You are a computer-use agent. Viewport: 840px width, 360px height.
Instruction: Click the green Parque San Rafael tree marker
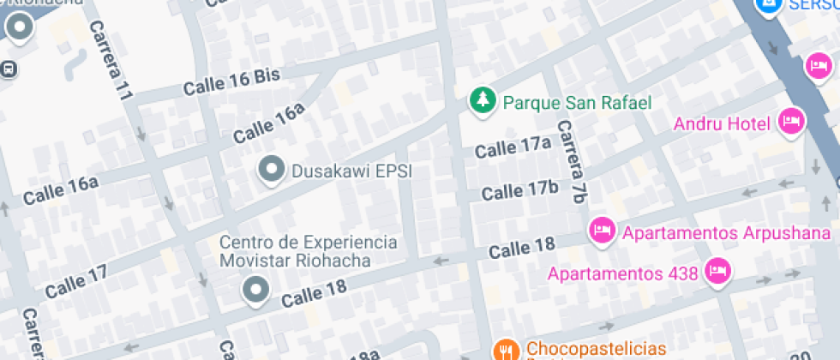(483, 100)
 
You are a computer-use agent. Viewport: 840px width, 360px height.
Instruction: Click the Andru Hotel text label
(722, 124)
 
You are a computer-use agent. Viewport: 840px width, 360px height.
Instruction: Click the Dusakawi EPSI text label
(352, 171)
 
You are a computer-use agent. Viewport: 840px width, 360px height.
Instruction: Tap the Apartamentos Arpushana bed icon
(602, 229)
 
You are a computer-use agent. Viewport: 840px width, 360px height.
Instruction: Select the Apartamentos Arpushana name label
(726, 232)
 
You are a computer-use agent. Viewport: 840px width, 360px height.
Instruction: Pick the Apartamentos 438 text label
(623, 275)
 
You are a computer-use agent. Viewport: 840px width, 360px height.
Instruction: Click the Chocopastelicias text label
(596, 349)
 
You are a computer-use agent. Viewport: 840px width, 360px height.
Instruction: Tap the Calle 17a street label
(513, 148)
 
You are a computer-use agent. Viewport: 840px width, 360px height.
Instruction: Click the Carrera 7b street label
(571, 161)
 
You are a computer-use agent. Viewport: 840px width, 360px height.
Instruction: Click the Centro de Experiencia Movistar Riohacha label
(308, 251)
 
